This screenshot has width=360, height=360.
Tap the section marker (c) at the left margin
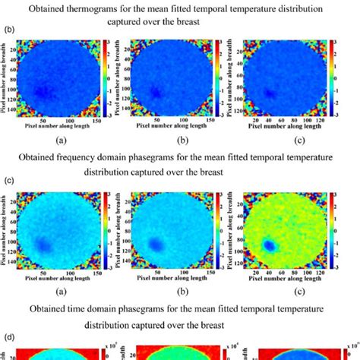pos(8,181)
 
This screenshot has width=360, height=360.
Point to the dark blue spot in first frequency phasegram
pos(44,245)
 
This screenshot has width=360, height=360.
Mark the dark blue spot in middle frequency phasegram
pos(158,245)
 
